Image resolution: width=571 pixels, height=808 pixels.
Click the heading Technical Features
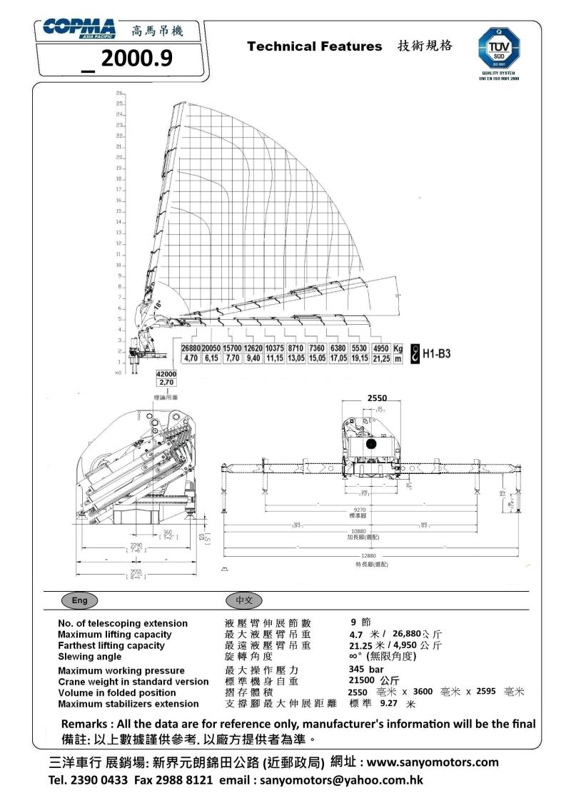coord(314,46)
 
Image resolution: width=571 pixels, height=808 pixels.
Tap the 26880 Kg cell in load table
coord(191,348)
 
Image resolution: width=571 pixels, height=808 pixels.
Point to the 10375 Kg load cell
coord(275,348)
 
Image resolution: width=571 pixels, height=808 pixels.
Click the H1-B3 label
coord(437,353)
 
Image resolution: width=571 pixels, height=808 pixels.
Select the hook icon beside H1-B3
coord(413,353)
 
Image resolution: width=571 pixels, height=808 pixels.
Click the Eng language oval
coord(79,600)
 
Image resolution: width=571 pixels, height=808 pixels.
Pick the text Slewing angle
coord(89,657)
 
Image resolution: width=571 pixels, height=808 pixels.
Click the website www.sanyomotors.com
coord(433,762)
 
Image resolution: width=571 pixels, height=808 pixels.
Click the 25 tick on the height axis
coord(120,103)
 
